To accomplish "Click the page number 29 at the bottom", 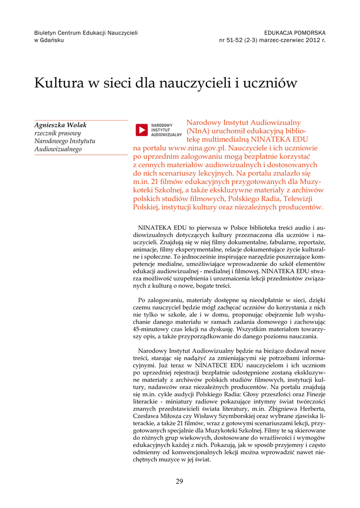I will pos(180,481).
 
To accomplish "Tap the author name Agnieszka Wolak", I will pos(60,126).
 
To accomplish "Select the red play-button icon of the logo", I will pos(142,130).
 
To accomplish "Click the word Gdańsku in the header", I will pos(54,40).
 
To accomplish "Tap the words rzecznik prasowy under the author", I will pos(57,133).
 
